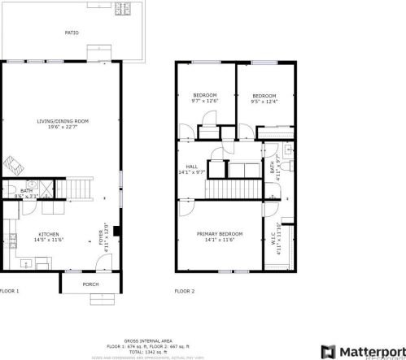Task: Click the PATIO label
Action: pyautogui.click(x=72, y=33)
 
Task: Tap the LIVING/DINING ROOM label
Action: pyautogui.click(x=63, y=121)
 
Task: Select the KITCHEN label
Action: pyautogui.click(x=49, y=233)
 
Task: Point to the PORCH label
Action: pyautogui.click(x=91, y=284)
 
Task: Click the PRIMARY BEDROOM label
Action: pyautogui.click(x=219, y=233)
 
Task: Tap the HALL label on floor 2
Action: pyautogui.click(x=192, y=166)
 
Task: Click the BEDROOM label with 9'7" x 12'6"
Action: pyautogui.click(x=205, y=96)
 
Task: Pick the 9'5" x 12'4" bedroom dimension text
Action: pyautogui.click(x=264, y=101)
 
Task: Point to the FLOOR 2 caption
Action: pyautogui.click(x=184, y=290)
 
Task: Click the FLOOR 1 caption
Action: pyautogui.click(x=9, y=290)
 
